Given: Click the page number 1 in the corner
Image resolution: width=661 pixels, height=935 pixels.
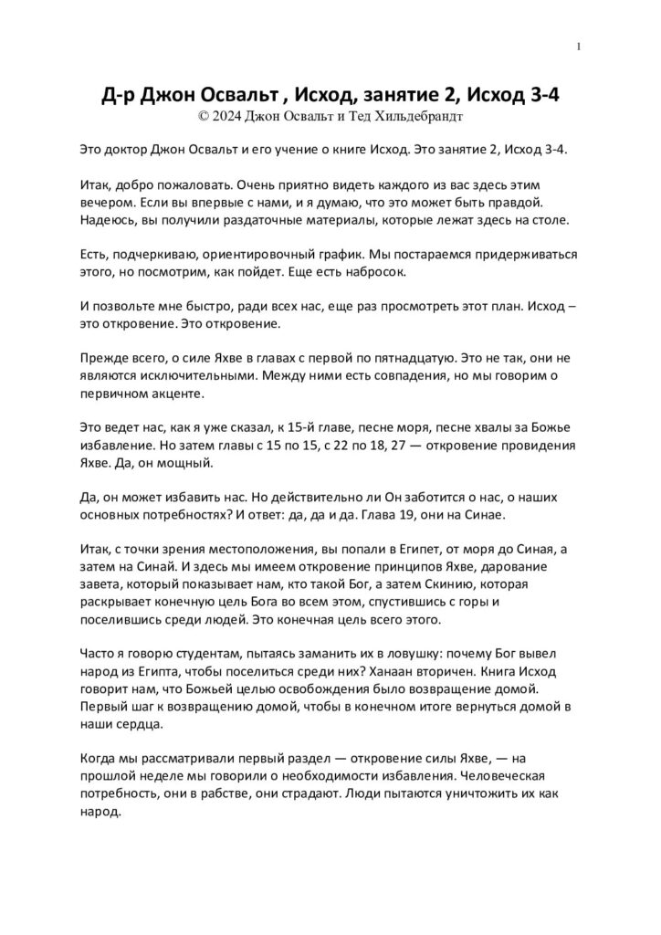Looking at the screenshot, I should click(580, 47).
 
